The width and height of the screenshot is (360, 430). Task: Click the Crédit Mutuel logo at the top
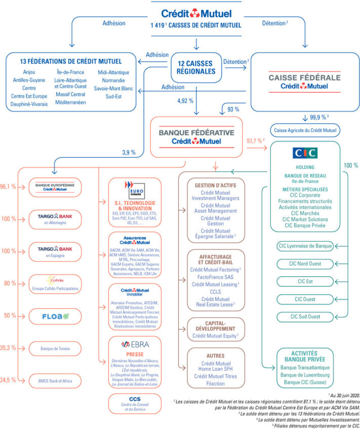pyautogui.click(x=196, y=13)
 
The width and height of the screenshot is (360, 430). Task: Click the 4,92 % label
pyautogui.click(x=185, y=101)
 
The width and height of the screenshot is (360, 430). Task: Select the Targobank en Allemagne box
pyautogui.click(x=55, y=218)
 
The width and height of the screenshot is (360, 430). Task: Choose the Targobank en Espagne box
pyautogui.click(x=55, y=251)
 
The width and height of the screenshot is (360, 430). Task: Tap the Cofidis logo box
pyautogui.click(x=55, y=283)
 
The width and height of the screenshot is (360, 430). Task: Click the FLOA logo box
pyautogui.click(x=55, y=316)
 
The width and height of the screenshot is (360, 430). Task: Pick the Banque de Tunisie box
pyautogui.click(x=55, y=348)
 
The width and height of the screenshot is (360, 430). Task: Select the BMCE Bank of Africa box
pyautogui.click(x=55, y=379)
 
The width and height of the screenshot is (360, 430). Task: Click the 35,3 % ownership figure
pyautogui.click(x=9, y=348)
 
